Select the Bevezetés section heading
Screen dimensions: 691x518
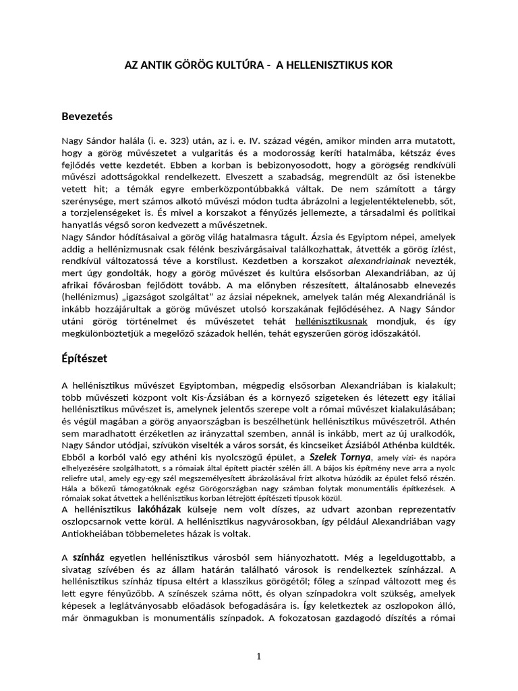coord(87,116)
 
